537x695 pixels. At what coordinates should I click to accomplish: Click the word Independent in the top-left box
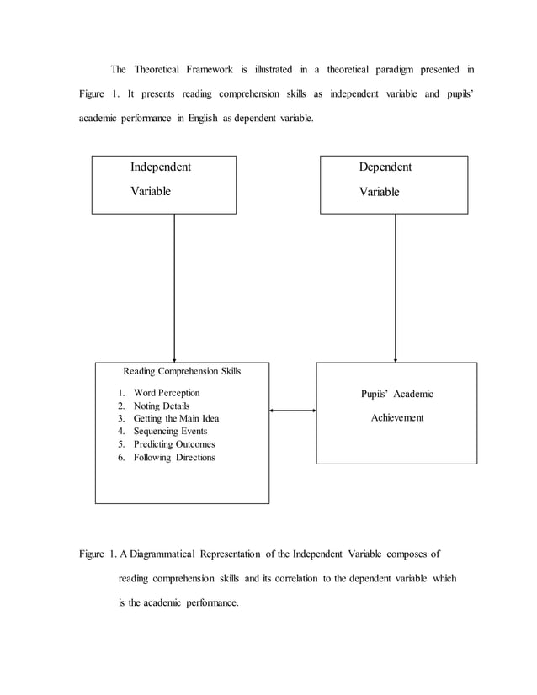coord(160,167)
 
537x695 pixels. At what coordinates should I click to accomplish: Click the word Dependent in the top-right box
coord(385,167)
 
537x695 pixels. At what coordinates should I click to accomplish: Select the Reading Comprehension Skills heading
coord(183,370)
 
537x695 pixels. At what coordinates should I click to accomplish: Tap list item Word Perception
coord(167,392)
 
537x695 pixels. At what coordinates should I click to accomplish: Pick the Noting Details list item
coord(162,406)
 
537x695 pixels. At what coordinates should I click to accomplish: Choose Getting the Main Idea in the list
coord(176,418)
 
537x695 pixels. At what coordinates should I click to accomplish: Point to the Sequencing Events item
coord(170,432)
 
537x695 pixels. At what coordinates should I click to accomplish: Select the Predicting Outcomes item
coord(174,444)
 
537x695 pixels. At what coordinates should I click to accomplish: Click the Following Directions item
coord(174,458)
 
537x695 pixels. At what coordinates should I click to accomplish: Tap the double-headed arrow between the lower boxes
coord(292,411)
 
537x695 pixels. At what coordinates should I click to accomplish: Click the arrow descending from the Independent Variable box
coord(174,286)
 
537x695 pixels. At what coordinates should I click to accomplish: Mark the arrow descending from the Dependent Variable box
coord(396,286)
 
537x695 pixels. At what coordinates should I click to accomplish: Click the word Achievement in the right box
coord(397,417)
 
